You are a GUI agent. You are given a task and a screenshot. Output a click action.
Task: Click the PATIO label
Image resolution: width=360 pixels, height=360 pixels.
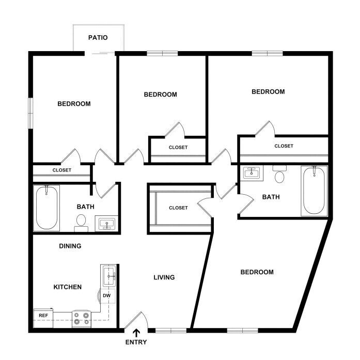pyautogui.click(x=98, y=37)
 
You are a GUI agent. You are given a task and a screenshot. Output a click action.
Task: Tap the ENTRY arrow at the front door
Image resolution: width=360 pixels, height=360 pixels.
pyautogui.click(x=136, y=333)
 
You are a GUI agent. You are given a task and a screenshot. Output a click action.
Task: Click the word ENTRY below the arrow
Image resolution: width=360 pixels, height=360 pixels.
pyautogui.click(x=136, y=342)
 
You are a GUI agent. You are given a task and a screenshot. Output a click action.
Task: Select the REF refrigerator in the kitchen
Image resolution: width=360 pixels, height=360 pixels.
pyautogui.click(x=43, y=319)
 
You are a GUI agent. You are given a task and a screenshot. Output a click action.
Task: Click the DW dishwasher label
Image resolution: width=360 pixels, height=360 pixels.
pyautogui.click(x=106, y=295)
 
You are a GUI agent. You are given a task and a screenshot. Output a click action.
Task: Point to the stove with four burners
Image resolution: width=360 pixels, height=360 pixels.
pyautogui.click(x=82, y=319)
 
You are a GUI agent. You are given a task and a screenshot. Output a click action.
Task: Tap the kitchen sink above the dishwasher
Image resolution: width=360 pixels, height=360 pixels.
pyautogui.click(x=109, y=275)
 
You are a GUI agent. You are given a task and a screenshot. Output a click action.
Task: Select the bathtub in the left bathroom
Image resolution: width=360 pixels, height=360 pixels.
pyautogui.click(x=46, y=208)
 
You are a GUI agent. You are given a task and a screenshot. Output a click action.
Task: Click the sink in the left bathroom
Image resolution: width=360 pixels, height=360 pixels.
pyautogui.click(x=106, y=224)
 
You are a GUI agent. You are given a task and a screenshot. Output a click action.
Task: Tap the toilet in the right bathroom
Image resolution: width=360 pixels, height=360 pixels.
pyautogui.click(x=279, y=174)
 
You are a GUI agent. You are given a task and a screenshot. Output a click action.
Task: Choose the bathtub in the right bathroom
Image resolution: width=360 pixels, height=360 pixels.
pyautogui.click(x=314, y=191)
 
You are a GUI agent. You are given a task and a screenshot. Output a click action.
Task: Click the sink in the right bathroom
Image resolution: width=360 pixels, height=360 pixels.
pyautogui.click(x=252, y=173)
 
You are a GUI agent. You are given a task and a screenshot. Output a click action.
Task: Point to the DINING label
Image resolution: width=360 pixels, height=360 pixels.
pyautogui.click(x=70, y=246)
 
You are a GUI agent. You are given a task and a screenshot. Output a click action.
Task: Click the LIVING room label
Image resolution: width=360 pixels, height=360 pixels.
pyautogui.click(x=164, y=277)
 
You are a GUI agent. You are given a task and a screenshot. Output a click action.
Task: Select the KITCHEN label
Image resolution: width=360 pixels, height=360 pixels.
pyautogui.click(x=68, y=287)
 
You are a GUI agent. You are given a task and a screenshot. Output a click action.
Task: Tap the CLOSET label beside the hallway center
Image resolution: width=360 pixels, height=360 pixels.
pyautogui.click(x=178, y=208)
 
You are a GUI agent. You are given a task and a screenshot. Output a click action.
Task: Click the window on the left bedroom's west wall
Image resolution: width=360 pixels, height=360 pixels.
pyautogui.click(x=31, y=113)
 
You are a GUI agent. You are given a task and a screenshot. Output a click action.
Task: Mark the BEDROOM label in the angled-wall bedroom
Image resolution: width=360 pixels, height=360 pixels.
pyautogui.click(x=257, y=272)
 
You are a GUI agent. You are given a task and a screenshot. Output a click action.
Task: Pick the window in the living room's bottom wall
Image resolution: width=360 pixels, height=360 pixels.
pyautogui.click(x=171, y=331)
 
